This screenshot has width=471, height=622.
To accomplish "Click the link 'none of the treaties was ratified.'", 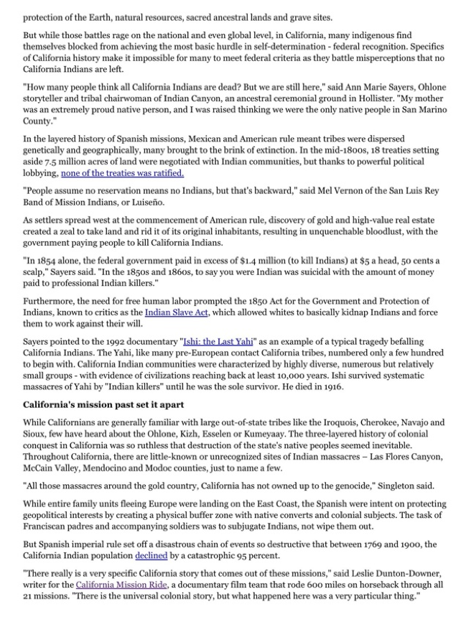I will tap(122, 173).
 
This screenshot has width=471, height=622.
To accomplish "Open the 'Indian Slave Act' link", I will tap(172, 312).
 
